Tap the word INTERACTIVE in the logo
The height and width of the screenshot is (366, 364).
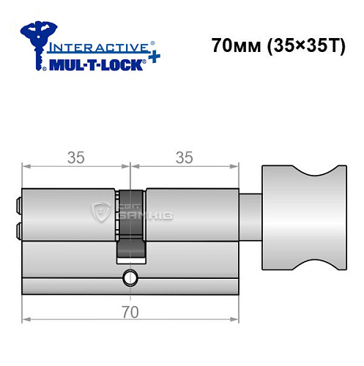tap(94, 46)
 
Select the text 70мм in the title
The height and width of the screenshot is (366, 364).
tap(230, 45)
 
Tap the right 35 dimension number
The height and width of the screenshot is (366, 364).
tap(184, 157)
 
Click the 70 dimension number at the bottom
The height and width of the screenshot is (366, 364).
tap(130, 313)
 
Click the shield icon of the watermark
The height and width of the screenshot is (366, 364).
tap(100, 212)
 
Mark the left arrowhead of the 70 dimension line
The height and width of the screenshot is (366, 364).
tap(26, 319)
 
